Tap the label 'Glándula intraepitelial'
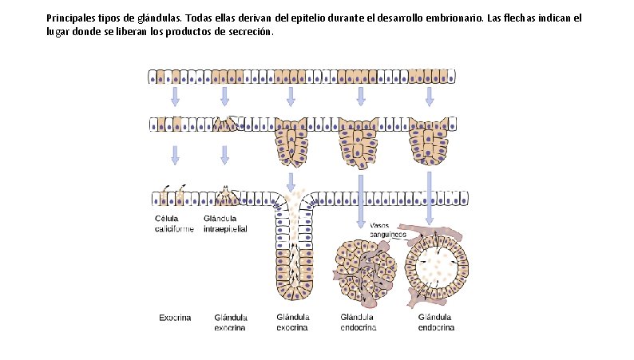click(x=225, y=224)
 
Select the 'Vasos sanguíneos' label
click(x=389, y=230)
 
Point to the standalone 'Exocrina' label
click(x=175, y=317)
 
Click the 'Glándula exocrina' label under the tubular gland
click(x=292, y=322)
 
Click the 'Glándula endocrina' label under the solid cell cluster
click(x=359, y=322)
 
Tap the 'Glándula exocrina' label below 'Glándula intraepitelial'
click(x=229, y=322)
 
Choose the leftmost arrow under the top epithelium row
click(x=175, y=96)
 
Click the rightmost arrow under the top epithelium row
click(x=430, y=96)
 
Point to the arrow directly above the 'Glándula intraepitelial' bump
click(x=225, y=154)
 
